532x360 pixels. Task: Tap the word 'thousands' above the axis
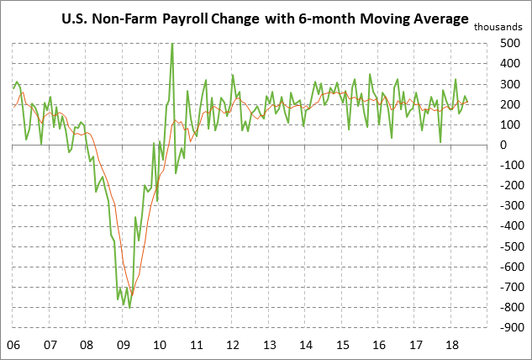click(501, 28)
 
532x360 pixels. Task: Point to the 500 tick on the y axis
click(508, 44)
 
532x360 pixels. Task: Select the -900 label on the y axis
click(507, 326)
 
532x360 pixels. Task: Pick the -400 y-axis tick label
click(507, 225)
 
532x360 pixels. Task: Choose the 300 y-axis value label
click(508, 84)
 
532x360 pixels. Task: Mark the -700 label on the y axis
click(507, 286)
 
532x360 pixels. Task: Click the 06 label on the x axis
click(13, 345)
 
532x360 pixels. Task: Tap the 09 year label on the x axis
click(124, 345)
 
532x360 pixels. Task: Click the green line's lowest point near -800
click(129, 307)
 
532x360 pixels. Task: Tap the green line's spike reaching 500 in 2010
click(172, 45)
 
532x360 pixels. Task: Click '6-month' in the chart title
click(351, 18)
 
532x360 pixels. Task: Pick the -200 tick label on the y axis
click(507, 185)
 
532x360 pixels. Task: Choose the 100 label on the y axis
click(508, 124)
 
